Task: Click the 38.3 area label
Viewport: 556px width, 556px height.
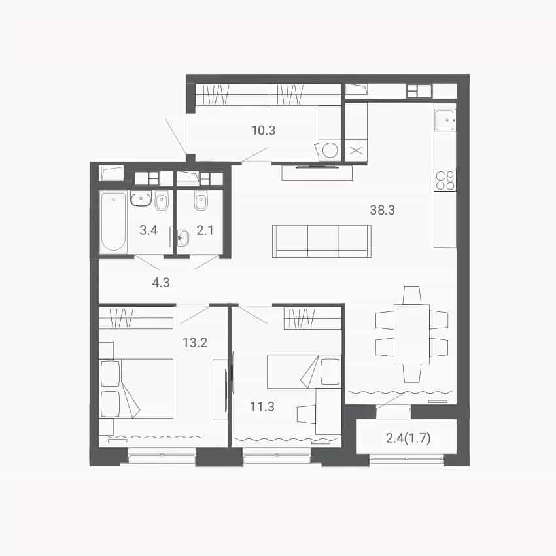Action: point(382,210)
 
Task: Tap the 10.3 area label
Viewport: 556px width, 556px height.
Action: point(264,130)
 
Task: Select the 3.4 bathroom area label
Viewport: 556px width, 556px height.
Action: point(148,230)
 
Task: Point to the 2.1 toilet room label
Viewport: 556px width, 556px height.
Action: point(205,230)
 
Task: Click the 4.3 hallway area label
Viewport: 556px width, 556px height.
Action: point(161,283)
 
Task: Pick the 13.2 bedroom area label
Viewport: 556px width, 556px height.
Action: point(195,343)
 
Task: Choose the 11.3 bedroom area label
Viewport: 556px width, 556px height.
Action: point(262,406)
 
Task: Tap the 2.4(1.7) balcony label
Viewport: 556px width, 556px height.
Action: point(408,438)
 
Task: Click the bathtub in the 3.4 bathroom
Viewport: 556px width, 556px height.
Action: point(113,222)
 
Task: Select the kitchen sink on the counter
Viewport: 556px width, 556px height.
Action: point(445,120)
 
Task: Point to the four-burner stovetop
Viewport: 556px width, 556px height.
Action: point(445,181)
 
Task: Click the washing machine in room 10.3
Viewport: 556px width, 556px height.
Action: point(330,150)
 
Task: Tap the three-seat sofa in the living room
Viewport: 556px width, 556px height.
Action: point(322,241)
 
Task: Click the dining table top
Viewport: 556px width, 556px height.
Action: point(411,334)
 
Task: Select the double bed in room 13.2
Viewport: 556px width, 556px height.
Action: point(137,389)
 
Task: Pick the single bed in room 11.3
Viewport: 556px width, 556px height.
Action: point(304,372)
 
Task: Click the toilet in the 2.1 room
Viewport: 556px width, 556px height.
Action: point(200,201)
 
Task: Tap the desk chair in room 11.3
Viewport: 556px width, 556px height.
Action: point(306,414)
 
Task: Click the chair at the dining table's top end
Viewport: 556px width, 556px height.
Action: point(411,295)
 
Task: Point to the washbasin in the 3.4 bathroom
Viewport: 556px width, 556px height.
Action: point(141,199)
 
